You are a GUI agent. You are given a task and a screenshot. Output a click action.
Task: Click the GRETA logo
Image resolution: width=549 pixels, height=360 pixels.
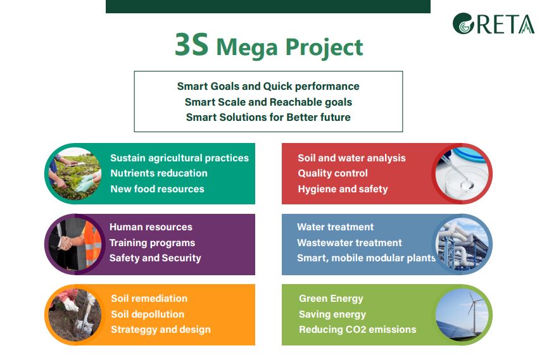(493, 24)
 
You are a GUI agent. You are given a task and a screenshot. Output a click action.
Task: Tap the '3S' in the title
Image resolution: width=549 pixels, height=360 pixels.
(191, 44)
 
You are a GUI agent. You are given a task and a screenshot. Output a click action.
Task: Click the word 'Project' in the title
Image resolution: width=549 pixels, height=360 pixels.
(324, 48)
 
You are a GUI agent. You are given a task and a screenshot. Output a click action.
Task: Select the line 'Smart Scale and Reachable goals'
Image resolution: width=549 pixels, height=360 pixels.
(268, 102)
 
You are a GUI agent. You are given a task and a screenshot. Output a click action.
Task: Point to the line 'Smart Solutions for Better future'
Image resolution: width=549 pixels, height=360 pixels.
(268, 117)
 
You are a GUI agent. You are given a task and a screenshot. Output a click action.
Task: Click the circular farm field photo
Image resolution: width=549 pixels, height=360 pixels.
(75, 173)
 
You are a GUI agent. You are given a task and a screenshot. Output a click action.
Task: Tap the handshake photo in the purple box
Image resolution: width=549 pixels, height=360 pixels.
(75, 244)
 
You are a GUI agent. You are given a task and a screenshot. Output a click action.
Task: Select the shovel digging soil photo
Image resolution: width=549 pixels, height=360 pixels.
(75, 315)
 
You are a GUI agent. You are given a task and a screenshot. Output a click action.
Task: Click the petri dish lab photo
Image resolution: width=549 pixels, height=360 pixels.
(462, 173)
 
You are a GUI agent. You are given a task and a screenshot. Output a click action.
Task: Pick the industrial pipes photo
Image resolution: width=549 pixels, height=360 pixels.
(462, 244)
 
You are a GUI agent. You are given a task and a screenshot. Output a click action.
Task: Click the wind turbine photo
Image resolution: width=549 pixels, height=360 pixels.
(462, 315)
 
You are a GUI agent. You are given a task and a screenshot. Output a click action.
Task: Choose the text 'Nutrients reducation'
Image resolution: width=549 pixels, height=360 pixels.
(159, 173)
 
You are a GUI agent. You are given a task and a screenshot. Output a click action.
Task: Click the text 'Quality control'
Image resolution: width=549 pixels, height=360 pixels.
(332, 173)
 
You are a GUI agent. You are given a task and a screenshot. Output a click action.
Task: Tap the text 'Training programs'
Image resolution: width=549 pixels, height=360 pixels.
(153, 243)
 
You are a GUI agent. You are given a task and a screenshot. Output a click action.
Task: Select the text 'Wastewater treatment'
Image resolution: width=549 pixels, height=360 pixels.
(350, 242)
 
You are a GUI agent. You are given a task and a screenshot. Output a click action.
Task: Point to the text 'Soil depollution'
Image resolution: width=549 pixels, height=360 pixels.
(148, 314)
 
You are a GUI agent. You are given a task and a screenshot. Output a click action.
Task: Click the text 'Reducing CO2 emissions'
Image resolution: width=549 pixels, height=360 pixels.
(358, 329)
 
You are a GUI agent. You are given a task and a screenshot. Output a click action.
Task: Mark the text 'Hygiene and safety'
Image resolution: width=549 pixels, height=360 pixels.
(343, 189)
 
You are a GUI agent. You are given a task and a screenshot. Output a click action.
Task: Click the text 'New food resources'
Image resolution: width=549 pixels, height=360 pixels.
(157, 189)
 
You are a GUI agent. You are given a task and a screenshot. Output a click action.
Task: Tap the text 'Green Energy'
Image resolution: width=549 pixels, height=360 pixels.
(331, 299)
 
